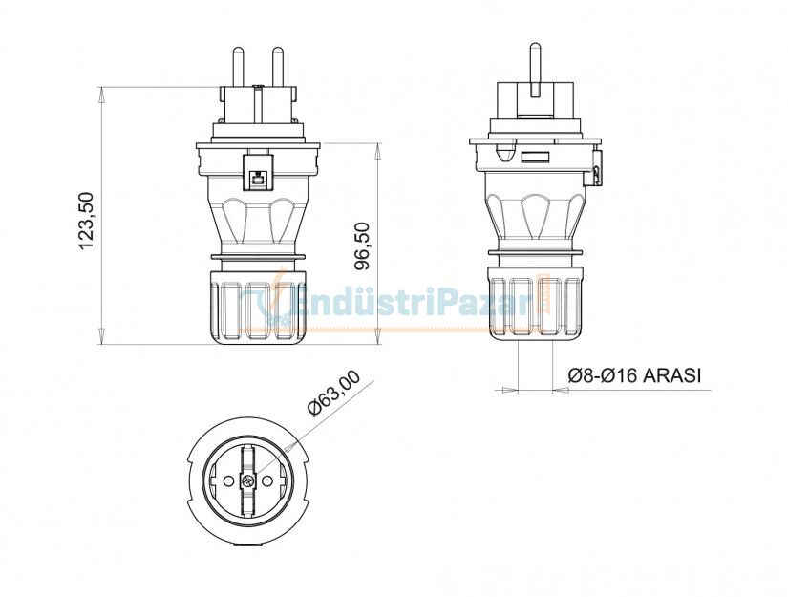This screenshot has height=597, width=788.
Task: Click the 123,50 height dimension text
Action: tap(87, 221)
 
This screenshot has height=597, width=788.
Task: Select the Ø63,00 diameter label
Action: tap(334, 394)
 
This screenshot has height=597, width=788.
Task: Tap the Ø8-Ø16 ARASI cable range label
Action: tap(633, 375)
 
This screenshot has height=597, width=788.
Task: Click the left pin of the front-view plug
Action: tap(238, 67)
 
